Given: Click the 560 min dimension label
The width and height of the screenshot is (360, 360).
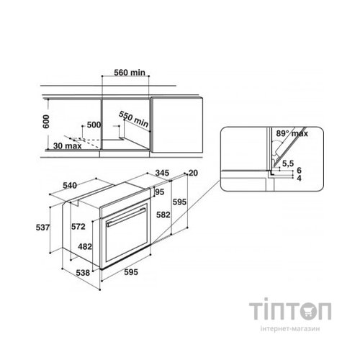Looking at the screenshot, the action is point(130,73).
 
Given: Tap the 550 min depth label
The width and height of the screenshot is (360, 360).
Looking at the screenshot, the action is point(134,119).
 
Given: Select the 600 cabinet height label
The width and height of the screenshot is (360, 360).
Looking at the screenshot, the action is point(46,122).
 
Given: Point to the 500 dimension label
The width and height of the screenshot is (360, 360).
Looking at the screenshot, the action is point(94,125).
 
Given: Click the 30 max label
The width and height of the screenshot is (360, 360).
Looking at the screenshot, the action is point(68,145).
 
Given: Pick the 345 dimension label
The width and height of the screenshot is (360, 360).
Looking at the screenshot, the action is point(162,173).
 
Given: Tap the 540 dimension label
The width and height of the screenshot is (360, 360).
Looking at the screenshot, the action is point(70,186).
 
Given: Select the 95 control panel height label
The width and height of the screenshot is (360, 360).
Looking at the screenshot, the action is point(160,192).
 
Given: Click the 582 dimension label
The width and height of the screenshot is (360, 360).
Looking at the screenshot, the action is point(163,215).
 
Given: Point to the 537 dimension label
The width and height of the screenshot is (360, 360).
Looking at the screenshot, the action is point(42,228).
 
